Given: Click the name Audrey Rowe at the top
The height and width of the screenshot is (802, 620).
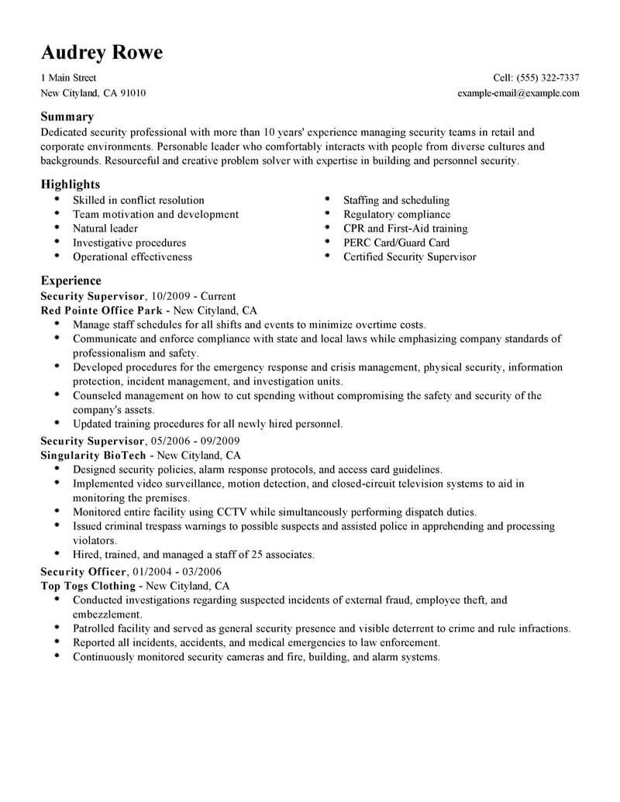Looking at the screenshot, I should click(102, 53).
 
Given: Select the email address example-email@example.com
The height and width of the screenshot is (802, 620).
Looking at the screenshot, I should click(518, 93).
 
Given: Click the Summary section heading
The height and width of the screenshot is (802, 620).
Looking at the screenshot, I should click(67, 117).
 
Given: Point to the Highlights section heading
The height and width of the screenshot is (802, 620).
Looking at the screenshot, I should click(71, 184).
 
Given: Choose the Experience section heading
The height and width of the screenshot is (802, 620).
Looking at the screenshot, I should click(71, 281).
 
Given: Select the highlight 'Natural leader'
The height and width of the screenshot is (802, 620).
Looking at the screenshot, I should click(105, 229).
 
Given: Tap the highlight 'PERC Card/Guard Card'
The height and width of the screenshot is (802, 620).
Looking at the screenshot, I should click(396, 243).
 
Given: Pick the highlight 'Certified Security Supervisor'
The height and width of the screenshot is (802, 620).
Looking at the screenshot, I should click(409, 256).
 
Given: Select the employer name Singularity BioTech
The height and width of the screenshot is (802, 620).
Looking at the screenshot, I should click(93, 455).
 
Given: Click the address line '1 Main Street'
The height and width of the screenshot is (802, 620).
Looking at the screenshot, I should click(68, 78).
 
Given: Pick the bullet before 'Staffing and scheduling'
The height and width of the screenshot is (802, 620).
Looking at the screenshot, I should click(327, 200).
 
